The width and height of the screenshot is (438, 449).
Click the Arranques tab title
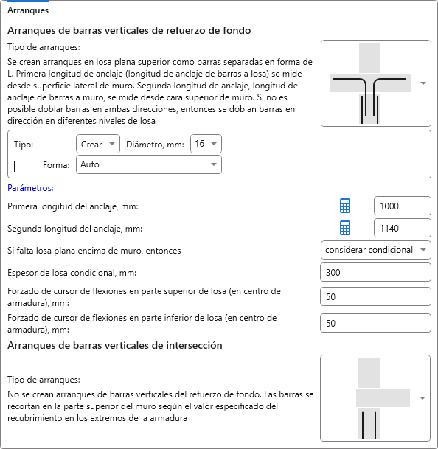[28, 10]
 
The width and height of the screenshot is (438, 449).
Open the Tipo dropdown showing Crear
[98, 144]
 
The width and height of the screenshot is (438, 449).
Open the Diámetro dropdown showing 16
[206, 144]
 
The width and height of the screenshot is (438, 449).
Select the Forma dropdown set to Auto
[149, 164]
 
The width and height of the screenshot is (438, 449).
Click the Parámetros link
[30, 188]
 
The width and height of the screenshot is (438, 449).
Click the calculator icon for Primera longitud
[345, 206]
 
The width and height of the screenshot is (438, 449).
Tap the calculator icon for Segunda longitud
[345, 228]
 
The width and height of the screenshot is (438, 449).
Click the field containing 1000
[402, 206]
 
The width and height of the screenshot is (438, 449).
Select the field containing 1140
[402, 228]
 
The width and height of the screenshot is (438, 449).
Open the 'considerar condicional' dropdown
[375, 250]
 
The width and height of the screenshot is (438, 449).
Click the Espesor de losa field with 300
[375, 272]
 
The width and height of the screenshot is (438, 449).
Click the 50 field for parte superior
[375, 296]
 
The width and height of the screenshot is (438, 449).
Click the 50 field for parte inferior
[375, 323]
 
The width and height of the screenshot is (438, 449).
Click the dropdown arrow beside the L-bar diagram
[423, 83]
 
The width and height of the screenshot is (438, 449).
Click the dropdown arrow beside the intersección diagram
[423, 398]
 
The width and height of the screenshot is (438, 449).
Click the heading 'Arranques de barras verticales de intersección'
[115, 345]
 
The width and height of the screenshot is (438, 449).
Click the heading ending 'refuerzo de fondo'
[129, 30]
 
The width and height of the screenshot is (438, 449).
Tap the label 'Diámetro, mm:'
[156, 145]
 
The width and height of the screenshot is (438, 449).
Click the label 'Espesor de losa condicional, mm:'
[72, 273]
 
